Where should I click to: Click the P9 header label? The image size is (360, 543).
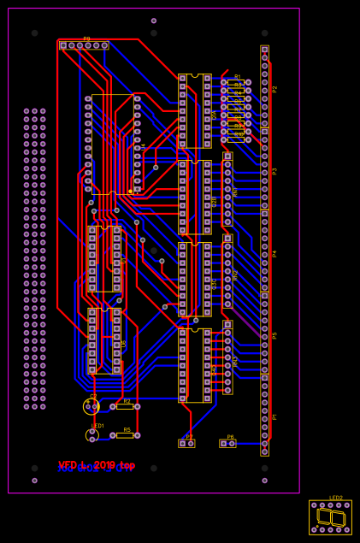click(x=86, y=38)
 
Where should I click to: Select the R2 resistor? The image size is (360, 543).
click(x=125, y=406)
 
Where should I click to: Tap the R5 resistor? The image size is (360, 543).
click(x=125, y=435)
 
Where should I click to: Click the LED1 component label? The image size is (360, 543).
click(x=97, y=425)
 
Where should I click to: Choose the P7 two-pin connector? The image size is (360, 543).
click(x=186, y=444)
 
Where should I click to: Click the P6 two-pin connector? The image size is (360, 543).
click(x=227, y=444)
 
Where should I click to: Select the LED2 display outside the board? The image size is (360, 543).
click(x=330, y=517)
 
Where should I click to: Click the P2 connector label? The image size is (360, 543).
click(x=274, y=89)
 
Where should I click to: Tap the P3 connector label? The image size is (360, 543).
click(x=274, y=170)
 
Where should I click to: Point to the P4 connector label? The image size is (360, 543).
click(x=274, y=253)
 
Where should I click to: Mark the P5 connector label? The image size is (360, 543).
click(x=274, y=335)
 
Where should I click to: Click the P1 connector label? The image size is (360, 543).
click(x=274, y=416)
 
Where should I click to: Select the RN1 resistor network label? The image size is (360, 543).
click(x=235, y=193)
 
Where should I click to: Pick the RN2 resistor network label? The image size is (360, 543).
click(x=235, y=275)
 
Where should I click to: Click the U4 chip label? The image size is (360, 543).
click(x=143, y=147)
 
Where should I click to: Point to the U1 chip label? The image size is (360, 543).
click(x=124, y=260)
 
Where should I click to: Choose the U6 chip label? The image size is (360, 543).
click(x=124, y=343)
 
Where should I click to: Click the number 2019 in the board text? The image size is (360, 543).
click(x=104, y=465)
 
